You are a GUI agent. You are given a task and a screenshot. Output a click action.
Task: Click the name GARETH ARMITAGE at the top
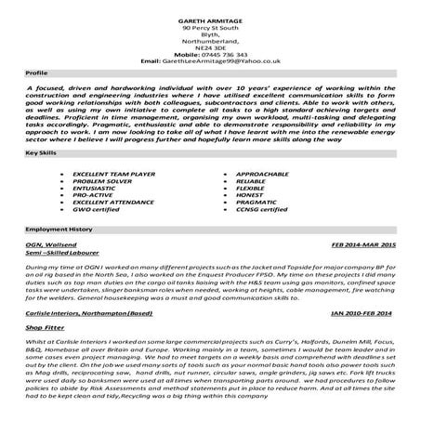tap(209, 20)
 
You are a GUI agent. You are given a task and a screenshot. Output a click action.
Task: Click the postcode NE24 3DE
tap(210, 46)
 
